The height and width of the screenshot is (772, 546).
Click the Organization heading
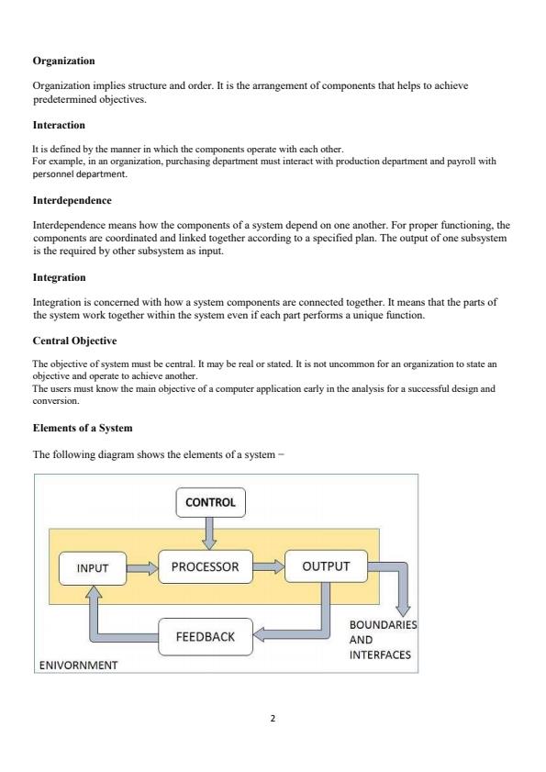pos(63,61)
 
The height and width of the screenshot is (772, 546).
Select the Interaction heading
pos(59,125)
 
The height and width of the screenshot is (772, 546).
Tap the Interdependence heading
pos(72,199)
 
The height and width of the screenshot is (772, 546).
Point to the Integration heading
pos(60,276)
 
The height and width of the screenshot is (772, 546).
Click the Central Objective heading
pos(74,341)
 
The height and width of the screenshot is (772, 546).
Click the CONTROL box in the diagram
pos(210,502)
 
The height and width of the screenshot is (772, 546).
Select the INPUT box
pos(92,568)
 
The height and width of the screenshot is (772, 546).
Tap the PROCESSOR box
pos(205,566)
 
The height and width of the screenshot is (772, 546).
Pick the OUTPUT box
pos(326,565)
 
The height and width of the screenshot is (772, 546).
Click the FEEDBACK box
pos(205,636)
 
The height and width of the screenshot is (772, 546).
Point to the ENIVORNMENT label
pos(78,665)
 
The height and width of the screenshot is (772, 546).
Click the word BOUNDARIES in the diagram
pos(383,625)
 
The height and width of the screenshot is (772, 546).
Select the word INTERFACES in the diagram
pos(380,655)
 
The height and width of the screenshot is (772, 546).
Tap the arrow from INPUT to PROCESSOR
pos(142,568)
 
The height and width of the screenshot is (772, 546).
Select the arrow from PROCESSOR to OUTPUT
pos(268,566)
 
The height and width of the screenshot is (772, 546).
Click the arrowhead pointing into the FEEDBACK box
pos(260,635)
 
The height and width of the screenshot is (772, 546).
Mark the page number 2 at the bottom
pos(273,719)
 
